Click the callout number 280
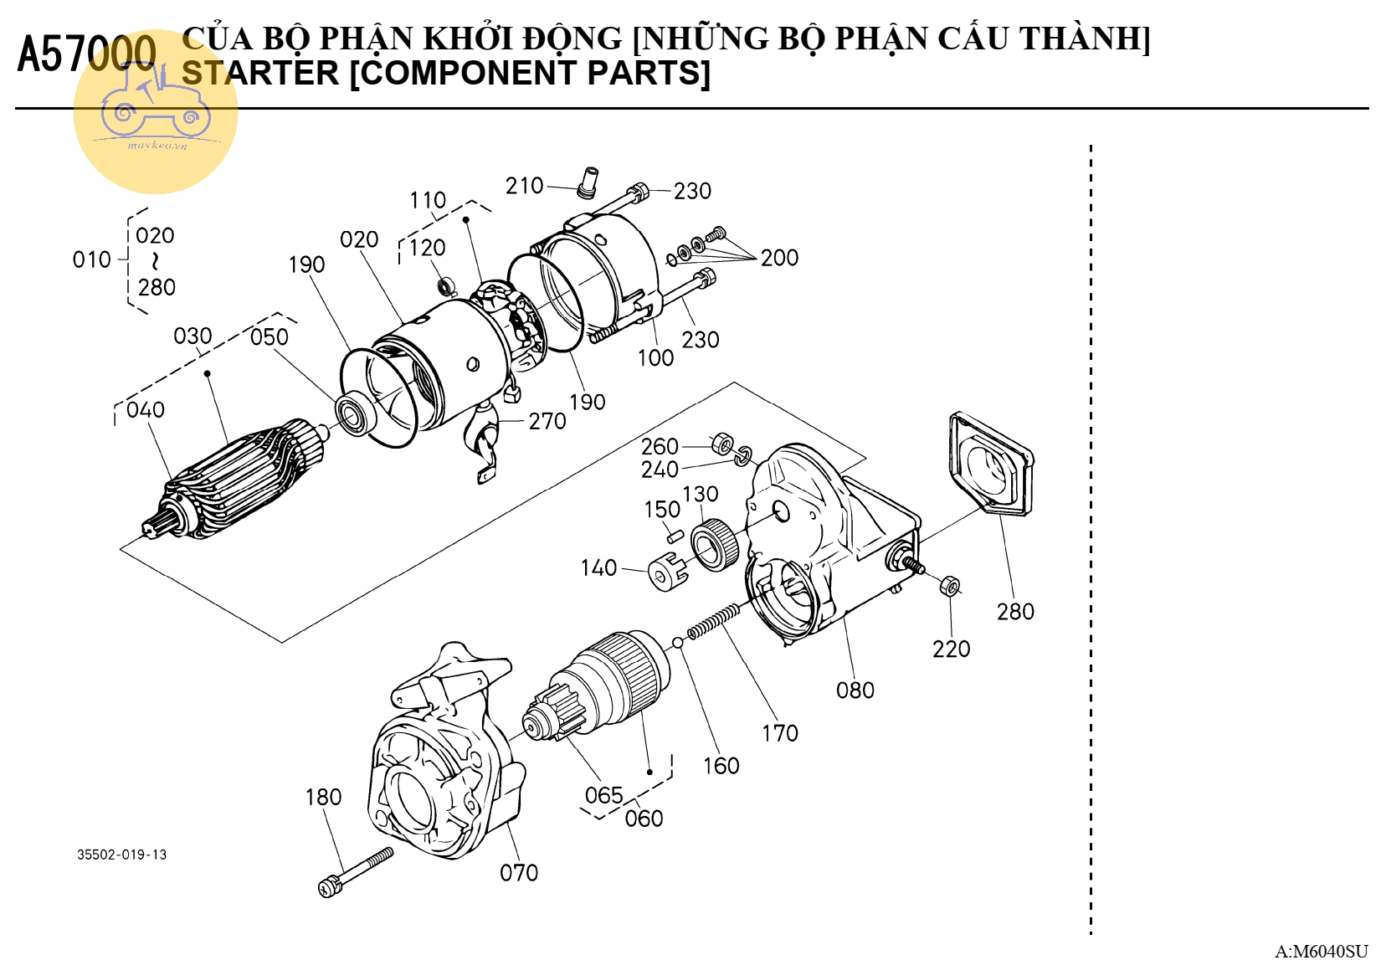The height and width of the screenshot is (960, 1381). coord(1015,612)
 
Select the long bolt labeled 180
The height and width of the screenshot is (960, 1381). coord(356,871)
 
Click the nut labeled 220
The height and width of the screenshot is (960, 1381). coord(950,585)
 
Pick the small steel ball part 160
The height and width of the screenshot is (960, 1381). coord(678,643)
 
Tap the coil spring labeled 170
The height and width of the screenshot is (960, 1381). coord(714,619)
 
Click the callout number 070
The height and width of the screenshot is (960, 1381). coord(519,873)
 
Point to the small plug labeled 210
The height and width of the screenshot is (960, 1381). coord(588,182)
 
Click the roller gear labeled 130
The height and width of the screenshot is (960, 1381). coord(714,545)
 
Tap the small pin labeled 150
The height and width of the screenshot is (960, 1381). coord(675,531)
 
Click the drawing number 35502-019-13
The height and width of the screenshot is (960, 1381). coord(122,855)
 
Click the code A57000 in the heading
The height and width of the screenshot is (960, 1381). coord(86,54)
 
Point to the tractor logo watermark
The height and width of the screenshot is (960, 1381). coord(156,111)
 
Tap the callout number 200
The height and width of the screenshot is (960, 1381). coord(779,258)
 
